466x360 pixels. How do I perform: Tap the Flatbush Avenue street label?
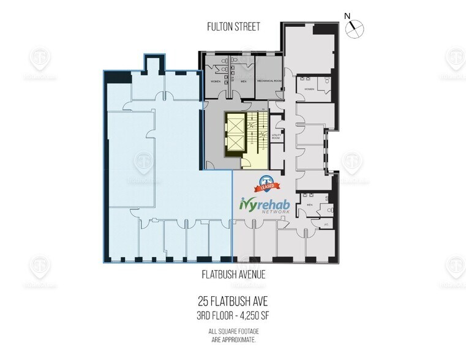(233, 275)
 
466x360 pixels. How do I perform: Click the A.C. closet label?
(326, 224)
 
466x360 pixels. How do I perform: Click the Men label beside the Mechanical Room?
(243, 80)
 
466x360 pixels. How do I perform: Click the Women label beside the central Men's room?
(216, 80)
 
